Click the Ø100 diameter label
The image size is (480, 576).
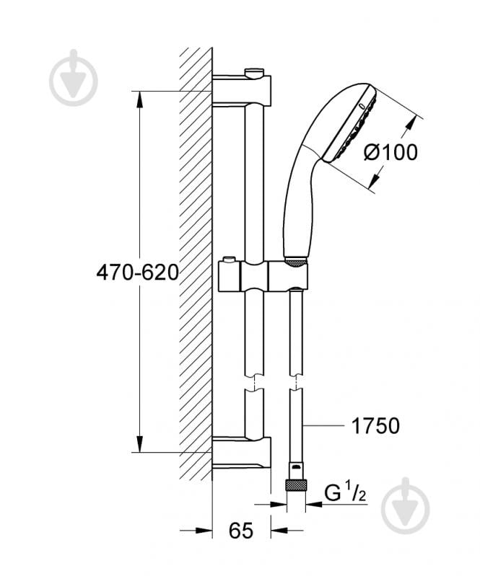click(390, 152)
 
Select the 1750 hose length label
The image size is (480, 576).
click(375, 426)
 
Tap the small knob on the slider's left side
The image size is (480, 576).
click(228, 261)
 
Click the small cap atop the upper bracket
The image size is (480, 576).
click(254, 71)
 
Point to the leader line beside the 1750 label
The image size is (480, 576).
click(325, 426)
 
